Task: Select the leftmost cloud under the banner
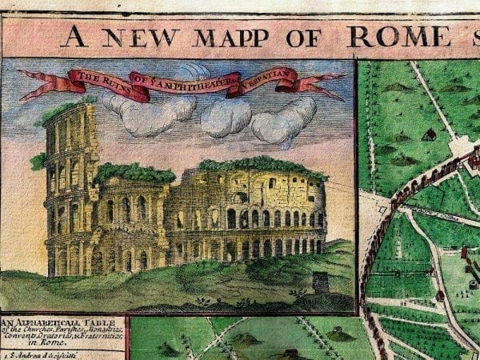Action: [x=148, y=112]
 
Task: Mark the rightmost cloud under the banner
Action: [x=283, y=118]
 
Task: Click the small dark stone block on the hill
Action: [x=322, y=282]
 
